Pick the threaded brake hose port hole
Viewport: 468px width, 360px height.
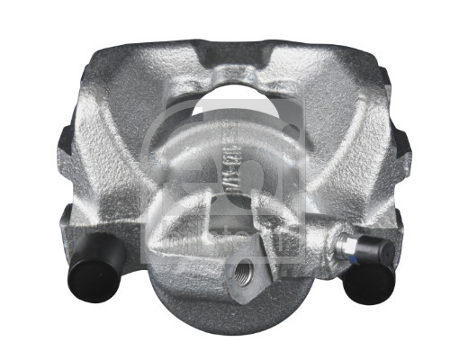tap(243, 270)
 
